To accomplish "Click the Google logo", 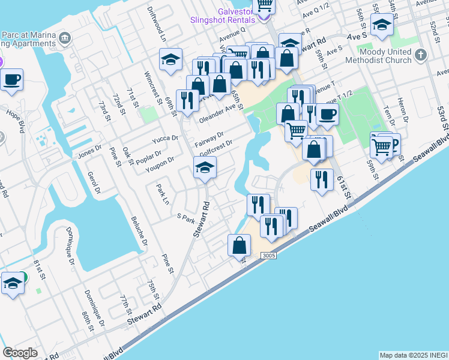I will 20,353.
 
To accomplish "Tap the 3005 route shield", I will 269,256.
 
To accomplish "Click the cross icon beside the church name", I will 421,55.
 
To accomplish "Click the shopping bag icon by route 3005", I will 239,245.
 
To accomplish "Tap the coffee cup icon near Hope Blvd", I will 11,79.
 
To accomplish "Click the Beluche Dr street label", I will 137,233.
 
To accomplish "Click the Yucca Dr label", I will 166,139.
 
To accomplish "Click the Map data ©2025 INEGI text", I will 413,355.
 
